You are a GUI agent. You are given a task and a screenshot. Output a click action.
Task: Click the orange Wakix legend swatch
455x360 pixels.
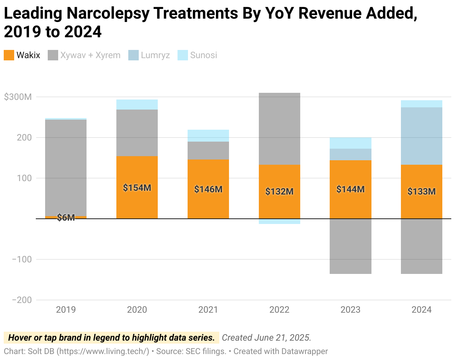coord(9,56)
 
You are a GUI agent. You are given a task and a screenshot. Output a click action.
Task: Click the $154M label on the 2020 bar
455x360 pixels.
coord(137,188)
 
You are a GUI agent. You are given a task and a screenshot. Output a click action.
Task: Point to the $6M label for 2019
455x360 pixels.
coord(66,218)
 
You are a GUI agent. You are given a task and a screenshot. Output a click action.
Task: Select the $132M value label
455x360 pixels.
coord(279,192)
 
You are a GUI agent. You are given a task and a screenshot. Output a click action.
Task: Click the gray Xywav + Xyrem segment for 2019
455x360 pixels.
coord(66,168)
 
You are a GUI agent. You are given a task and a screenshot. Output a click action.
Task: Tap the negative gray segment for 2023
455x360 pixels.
coord(351,246)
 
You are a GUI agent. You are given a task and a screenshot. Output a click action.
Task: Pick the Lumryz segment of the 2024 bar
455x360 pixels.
coord(421,136)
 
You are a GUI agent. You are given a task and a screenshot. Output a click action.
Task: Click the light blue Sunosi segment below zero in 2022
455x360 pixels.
coord(279,221)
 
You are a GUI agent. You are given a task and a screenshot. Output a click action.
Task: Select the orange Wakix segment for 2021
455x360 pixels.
coord(208,201)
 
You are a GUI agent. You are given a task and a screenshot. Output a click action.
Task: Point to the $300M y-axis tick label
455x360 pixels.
coord(18,97)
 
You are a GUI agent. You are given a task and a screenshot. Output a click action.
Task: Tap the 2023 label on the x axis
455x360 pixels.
coord(351,310)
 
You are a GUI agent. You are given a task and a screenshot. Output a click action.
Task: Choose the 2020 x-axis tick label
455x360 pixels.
coord(137,310)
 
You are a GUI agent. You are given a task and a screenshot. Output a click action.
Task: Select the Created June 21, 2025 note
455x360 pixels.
coord(266,338)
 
